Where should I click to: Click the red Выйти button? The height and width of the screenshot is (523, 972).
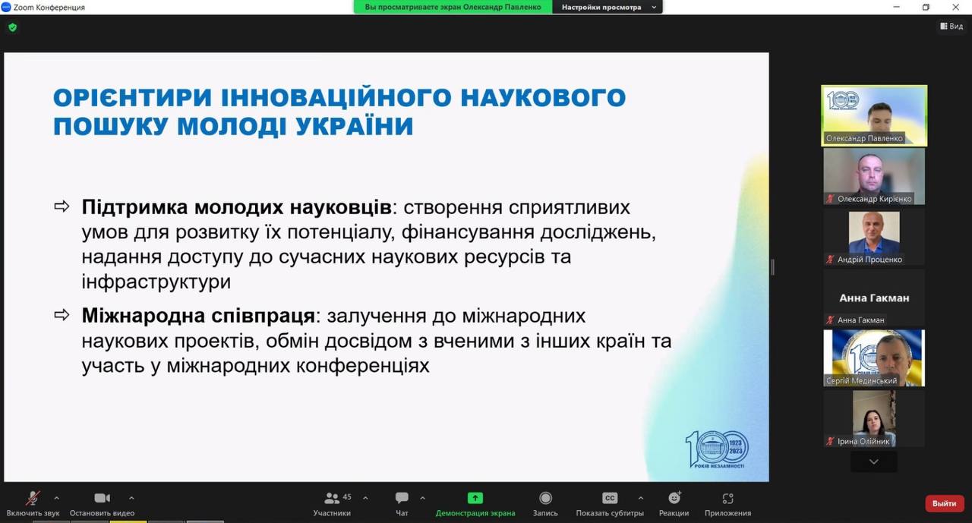point(944,503)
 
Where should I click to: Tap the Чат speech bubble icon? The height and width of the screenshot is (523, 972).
point(402,498)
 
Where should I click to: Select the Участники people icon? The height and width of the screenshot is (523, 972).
point(332,498)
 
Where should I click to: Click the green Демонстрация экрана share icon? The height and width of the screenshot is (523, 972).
point(475,498)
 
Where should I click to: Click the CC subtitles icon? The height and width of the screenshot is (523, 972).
point(610,498)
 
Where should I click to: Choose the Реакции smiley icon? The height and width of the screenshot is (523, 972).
point(674,498)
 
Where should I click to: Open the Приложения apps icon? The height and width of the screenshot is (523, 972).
point(727,498)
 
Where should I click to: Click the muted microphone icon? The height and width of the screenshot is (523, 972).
point(33,498)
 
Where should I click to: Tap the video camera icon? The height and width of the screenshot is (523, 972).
point(103,498)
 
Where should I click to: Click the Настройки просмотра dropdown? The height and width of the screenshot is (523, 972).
point(607,7)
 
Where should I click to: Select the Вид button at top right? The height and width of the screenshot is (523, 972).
point(951,27)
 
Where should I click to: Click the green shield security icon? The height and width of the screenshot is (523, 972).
point(13,28)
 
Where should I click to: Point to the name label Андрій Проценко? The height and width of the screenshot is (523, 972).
point(869,260)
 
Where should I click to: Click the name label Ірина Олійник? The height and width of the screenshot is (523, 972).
point(863,442)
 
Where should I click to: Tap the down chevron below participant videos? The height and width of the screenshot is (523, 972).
point(874,462)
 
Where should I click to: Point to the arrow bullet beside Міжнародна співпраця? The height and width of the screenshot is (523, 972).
point(62,315)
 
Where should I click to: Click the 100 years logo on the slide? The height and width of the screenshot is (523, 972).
point(718,449)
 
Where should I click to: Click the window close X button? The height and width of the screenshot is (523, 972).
point(955,7)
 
